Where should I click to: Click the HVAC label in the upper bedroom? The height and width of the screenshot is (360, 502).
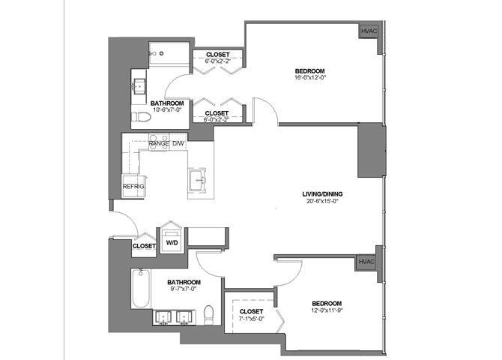coord(368,31)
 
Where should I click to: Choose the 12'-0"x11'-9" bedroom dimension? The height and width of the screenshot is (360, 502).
coord(327,308)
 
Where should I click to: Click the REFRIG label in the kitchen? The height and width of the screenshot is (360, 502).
coord(133,185)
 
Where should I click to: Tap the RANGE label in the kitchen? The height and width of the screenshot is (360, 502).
coord(159,142)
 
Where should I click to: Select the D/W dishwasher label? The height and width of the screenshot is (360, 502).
coord(178,142)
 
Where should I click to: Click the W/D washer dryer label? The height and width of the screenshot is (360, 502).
coord(172,242)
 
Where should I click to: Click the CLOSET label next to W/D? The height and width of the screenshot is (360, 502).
coord(143,245)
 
